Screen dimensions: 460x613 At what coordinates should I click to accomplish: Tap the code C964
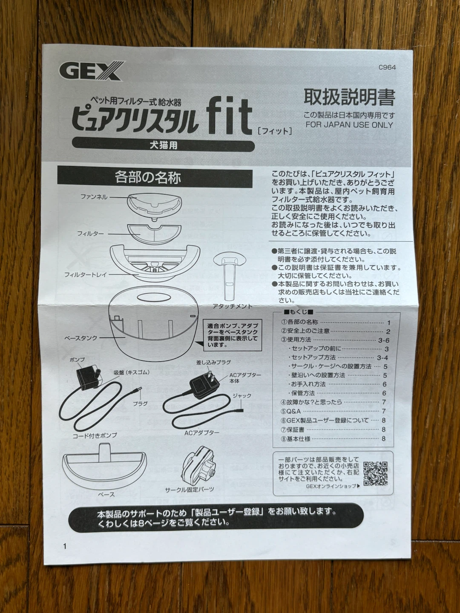(x=387, y=68)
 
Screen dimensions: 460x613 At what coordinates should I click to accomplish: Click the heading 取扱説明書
(x=349, y=97)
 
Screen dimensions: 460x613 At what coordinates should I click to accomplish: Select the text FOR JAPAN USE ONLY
(x=349, y=125)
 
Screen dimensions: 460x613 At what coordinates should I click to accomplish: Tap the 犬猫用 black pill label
(x=163, y=146)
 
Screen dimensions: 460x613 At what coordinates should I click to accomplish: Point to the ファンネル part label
(x=94, y=197)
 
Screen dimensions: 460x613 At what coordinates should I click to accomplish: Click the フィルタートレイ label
(x=86, y=275)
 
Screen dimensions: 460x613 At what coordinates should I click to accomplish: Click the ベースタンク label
(x=81, y=338)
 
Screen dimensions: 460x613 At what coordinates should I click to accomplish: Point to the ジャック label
(x=242, y=396)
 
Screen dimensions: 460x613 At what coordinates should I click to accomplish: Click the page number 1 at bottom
(x=65, y=546)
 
